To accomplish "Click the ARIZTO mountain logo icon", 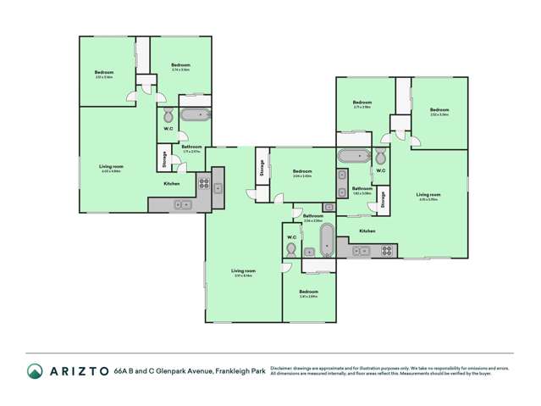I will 35,370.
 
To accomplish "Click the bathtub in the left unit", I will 195,115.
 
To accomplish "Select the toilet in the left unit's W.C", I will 167,116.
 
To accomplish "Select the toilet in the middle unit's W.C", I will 291,250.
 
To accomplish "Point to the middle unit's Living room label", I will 244,271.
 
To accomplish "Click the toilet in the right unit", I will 381,158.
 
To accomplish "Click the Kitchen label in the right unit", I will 367,231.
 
